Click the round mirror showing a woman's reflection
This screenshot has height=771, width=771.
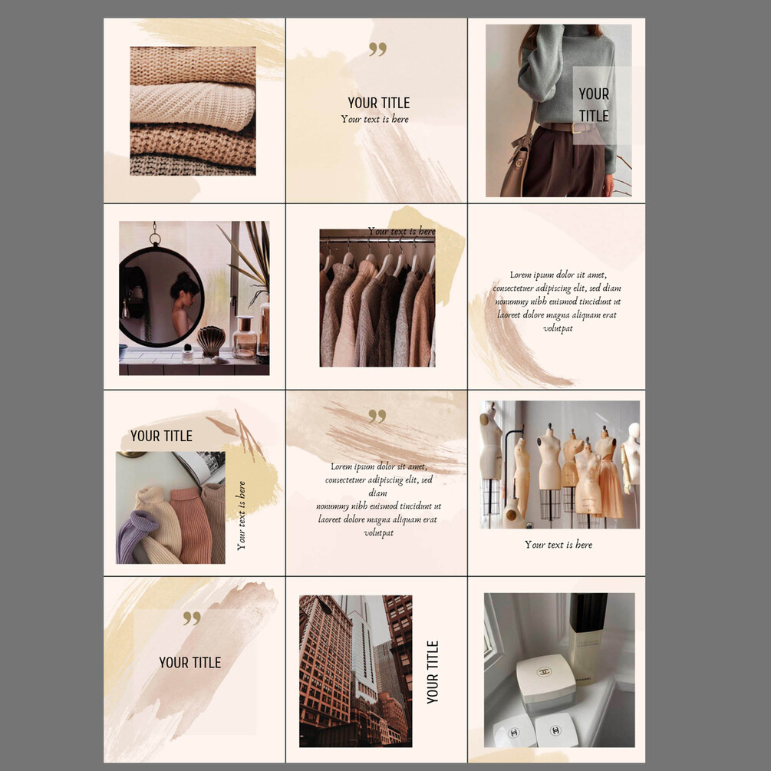pyautogui.click(x=161, y=296)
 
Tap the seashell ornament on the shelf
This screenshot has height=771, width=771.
pyautogui.click(x=211, y=341)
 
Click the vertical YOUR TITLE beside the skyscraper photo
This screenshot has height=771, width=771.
pyautogui.click(x=432, y=672)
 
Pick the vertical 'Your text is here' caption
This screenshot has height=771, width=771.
pyautogui.click(x=241, y=516)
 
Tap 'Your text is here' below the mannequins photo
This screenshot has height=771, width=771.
pyautogui.click(x=558, y=545)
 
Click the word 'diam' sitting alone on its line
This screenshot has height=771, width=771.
pyautogui.click(x=377, y=493)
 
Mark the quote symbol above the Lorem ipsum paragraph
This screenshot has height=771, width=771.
pyautogui.click(x=377, y=416)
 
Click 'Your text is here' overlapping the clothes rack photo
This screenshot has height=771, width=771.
pyautogui.click(x=401, y=231)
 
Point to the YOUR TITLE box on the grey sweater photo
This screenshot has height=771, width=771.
pyautogui.click(x=594, y=105)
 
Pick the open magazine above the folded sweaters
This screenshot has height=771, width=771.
pyautogui.click(x=201, y=467)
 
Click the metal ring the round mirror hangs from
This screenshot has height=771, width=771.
pyautogui.click(x=155, y=239)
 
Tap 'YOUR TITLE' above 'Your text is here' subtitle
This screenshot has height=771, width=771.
pyautogui.click(x=379, y=103)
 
